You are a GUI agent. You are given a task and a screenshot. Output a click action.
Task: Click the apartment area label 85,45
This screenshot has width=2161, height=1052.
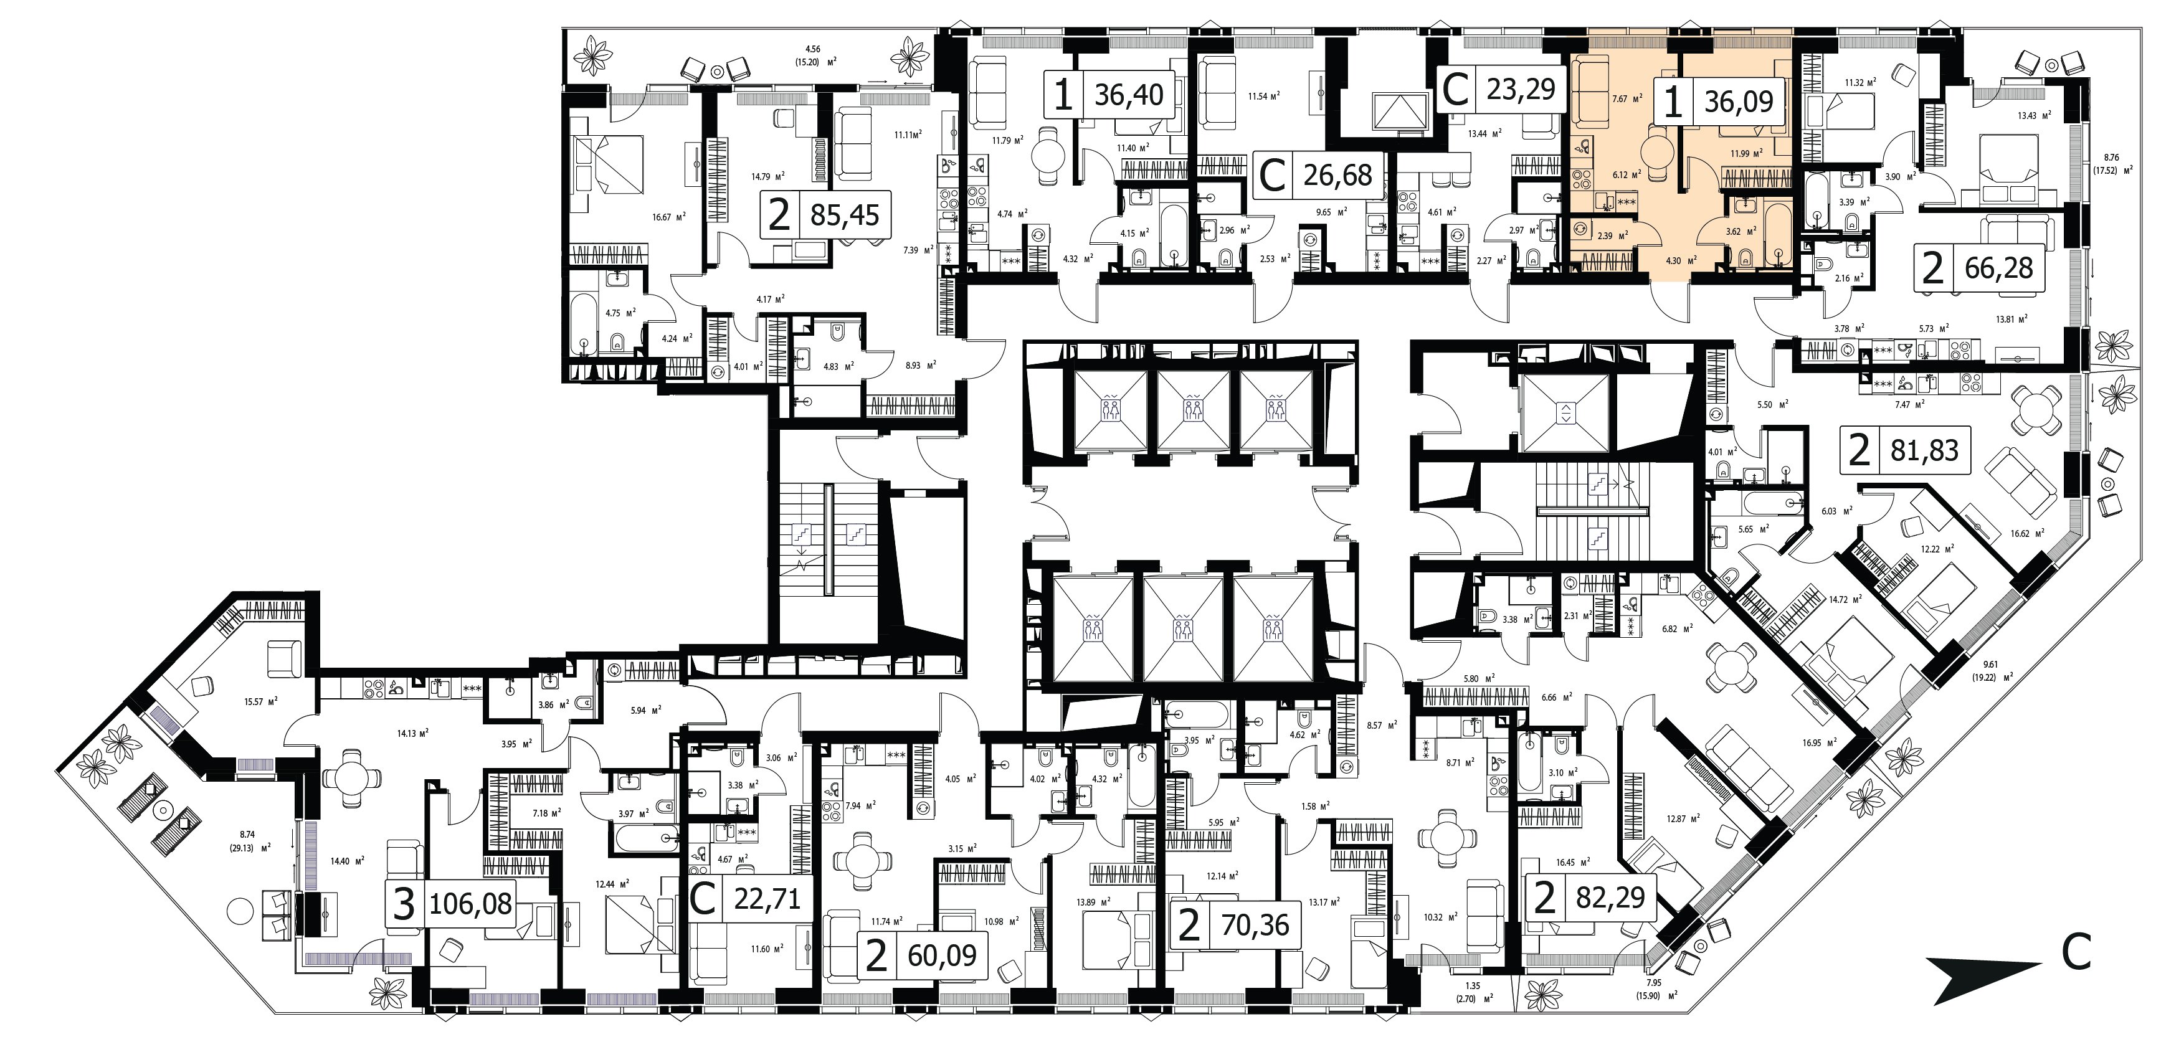point(844,216)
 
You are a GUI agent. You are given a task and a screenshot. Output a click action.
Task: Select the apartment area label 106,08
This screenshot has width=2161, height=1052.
point(470,904)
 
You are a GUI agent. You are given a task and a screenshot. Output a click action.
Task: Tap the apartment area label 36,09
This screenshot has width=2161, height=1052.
point(1738,102)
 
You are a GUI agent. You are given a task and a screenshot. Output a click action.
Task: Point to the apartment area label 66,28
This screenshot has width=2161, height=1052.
point(1999,269)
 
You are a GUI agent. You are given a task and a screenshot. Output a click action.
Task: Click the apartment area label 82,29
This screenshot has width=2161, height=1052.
point(1610,898)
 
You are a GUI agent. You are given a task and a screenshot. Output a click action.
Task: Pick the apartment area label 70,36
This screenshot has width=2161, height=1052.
point(1255,926)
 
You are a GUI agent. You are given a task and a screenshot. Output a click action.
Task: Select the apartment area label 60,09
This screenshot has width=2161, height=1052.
point(942,955)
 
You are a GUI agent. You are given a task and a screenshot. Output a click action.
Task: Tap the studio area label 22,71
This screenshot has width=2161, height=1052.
point(767,899)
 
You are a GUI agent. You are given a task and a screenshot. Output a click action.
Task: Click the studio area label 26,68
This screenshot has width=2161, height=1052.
point(1337,176)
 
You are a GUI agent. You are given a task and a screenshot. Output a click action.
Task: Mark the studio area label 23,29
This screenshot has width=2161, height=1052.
point(1521,89)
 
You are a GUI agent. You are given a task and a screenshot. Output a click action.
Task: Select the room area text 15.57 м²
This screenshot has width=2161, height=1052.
point(261,701)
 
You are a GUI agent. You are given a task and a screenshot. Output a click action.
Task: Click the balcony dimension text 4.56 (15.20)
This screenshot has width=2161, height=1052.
point(813,55)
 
